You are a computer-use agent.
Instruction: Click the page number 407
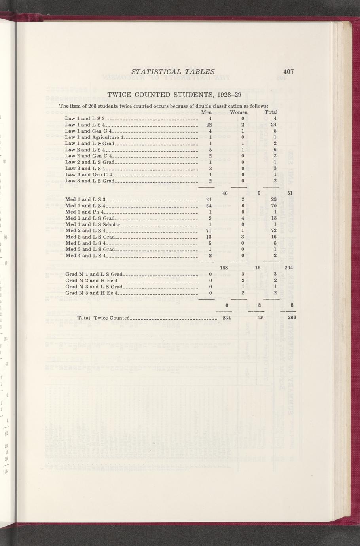click(288, 72)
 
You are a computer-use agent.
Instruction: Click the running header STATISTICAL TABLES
click(172, 72)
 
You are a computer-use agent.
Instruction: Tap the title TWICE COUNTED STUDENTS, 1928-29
click(174, 95)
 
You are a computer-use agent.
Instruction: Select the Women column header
click(239, 112)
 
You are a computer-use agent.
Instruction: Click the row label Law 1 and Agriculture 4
click(95, 137)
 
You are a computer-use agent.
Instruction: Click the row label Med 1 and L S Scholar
click(92, 224)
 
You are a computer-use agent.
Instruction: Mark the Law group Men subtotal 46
click(225, 193)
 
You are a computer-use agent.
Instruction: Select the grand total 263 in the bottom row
click(292, 318)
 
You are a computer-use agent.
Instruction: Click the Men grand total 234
click(227, 318)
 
